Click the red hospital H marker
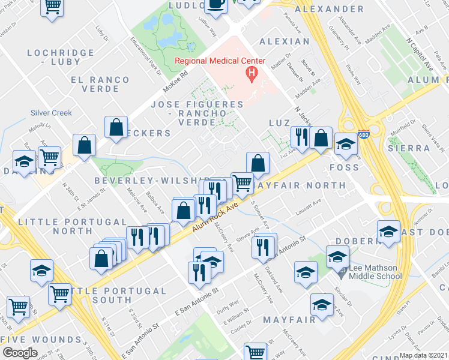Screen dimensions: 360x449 point(252,74)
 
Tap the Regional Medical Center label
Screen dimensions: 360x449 point(219,61)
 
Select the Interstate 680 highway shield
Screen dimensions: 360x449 point(363,136)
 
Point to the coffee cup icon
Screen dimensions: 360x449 point(216,4)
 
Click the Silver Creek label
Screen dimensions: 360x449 point(52,113)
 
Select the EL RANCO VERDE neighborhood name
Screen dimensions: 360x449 point(100,85)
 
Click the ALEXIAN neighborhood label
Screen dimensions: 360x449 point(285,41)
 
